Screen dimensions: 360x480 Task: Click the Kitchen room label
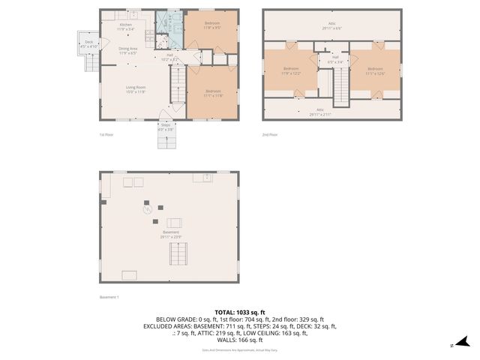(x=126, y=26)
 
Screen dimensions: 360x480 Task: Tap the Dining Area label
(x=127, y=51)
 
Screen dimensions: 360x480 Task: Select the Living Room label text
(x=135, y=89)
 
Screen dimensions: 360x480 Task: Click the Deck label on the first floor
(x=88, y=44)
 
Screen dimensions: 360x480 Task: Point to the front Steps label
(x=165, y=127)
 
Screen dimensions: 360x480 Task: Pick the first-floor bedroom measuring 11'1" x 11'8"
(x=213, y=94)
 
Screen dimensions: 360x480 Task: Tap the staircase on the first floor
(x=178, y=84)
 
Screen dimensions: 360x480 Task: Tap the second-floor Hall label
(x=335, y=59)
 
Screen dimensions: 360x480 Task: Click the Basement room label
(x=171, y=234)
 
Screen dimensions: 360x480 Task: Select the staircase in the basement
(x=178, y=254)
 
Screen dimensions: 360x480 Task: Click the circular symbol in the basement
(x=148, y=212)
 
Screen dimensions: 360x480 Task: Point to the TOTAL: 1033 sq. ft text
(x=240, y=311)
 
